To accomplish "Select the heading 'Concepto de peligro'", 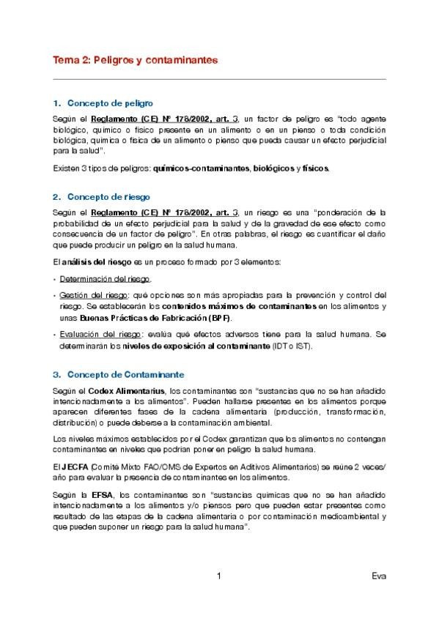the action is pyautogui.click(x=110, y=103).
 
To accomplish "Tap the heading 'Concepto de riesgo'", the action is pyautogui.click(x=108, y=197).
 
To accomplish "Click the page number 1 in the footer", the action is pyautogui.click(x=219, y=576).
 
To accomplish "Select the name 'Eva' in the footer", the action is pyautogui.click(x=378, y=576).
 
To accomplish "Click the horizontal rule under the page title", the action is pyautogui.click(x=219, y=78).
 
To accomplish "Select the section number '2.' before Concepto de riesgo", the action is pyautogui.click(x=57, y=197).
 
